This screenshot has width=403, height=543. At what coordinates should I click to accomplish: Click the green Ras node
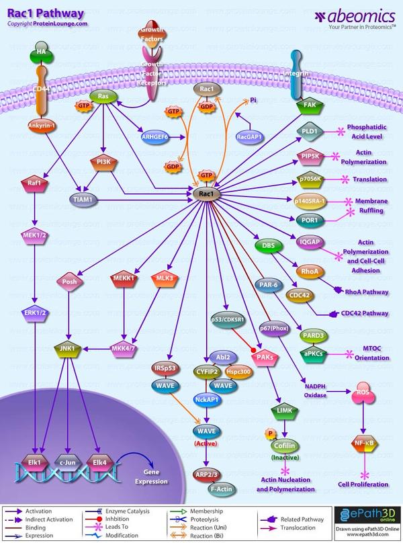click(x=103, y=97)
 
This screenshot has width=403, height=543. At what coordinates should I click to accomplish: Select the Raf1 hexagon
click(x=33, y=182)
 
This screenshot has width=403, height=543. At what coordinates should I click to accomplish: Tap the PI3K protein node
click(x=103, y=162)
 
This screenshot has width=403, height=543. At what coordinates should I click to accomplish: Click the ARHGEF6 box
click(x=154, y=137)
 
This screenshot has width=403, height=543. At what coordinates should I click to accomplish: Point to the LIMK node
click(x=282, y=409)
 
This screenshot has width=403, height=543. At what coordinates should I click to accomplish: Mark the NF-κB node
click(x=363, y=444)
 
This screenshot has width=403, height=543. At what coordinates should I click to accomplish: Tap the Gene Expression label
click(x=150, y=477)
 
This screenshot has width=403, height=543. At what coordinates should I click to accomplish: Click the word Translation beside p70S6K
click(x=371, y=179)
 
